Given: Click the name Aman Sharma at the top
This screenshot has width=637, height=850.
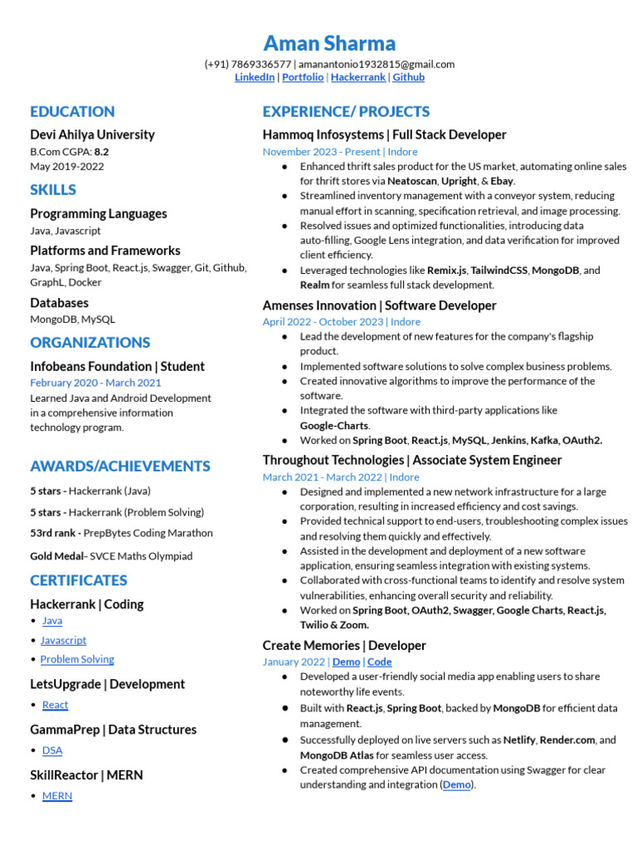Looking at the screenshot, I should (x=329, y=43).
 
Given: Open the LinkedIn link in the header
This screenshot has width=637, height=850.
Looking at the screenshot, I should (x=255, y=77).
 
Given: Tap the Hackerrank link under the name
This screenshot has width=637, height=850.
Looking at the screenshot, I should (x=357, y=77).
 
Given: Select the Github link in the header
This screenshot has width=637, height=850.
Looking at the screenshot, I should (x=408, y=77).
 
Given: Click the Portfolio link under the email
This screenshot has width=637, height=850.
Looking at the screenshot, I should (x=303, y=77).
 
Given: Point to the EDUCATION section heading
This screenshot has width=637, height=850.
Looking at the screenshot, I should (x=72, y=111).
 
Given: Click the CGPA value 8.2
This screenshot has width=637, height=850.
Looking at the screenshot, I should (x=101, y=152).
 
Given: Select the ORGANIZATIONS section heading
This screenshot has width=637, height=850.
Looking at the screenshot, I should (x=90, y=342).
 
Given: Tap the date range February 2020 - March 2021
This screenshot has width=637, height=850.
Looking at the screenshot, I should (x=95, y=383).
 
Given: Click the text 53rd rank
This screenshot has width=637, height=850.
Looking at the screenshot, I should (x=54, y=533).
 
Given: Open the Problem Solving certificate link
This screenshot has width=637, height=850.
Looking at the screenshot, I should (x=77, y=659).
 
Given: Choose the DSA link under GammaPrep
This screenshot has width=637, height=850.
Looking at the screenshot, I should (x=52, y=750).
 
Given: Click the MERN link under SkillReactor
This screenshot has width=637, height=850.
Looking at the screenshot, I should (x=57, y=796).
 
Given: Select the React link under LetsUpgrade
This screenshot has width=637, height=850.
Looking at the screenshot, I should (x=55, y=705).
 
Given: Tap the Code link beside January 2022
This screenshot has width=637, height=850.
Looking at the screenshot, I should (x=380, y=662).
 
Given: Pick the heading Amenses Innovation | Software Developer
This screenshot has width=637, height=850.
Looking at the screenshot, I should (x=379, y=305).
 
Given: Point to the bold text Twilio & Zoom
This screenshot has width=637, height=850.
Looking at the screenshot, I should (x=334, y=625).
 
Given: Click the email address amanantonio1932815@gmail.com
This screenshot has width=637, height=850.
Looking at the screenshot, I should (x=377, y=64).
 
